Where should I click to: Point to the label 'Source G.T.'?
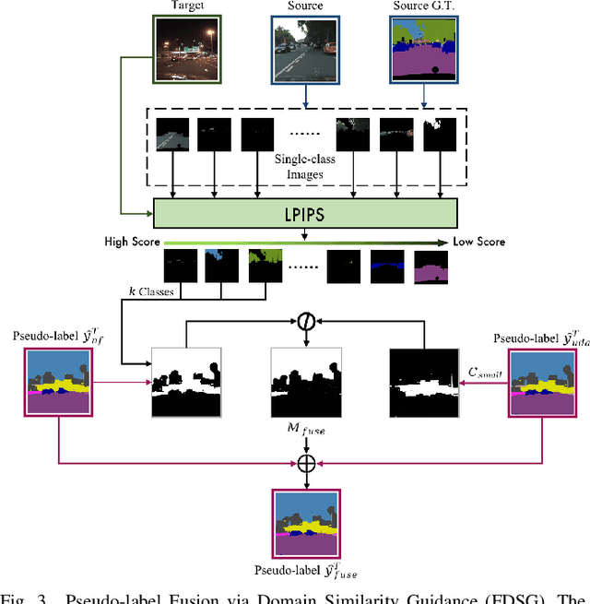point(423,6)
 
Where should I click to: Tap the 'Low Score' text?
point(478,242)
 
